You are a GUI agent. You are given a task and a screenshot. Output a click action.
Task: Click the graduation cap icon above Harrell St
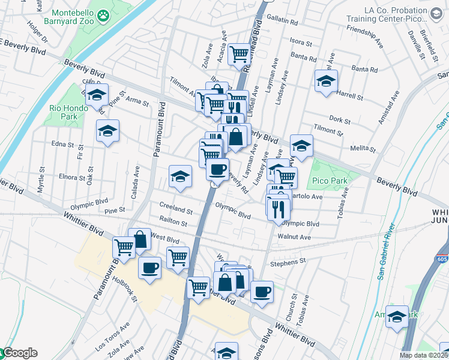click(x=326, y=81)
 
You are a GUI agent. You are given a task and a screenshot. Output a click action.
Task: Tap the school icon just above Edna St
click(x=107, y=131)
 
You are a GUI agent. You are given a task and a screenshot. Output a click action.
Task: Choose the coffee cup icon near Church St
click(x=262, y=292)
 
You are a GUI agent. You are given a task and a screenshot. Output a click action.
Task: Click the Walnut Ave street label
click(x=294, y=237)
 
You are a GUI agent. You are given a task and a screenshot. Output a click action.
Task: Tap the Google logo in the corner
click(x=20, y=353)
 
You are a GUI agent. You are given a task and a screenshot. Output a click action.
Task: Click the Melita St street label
click(x=361, y=148)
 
